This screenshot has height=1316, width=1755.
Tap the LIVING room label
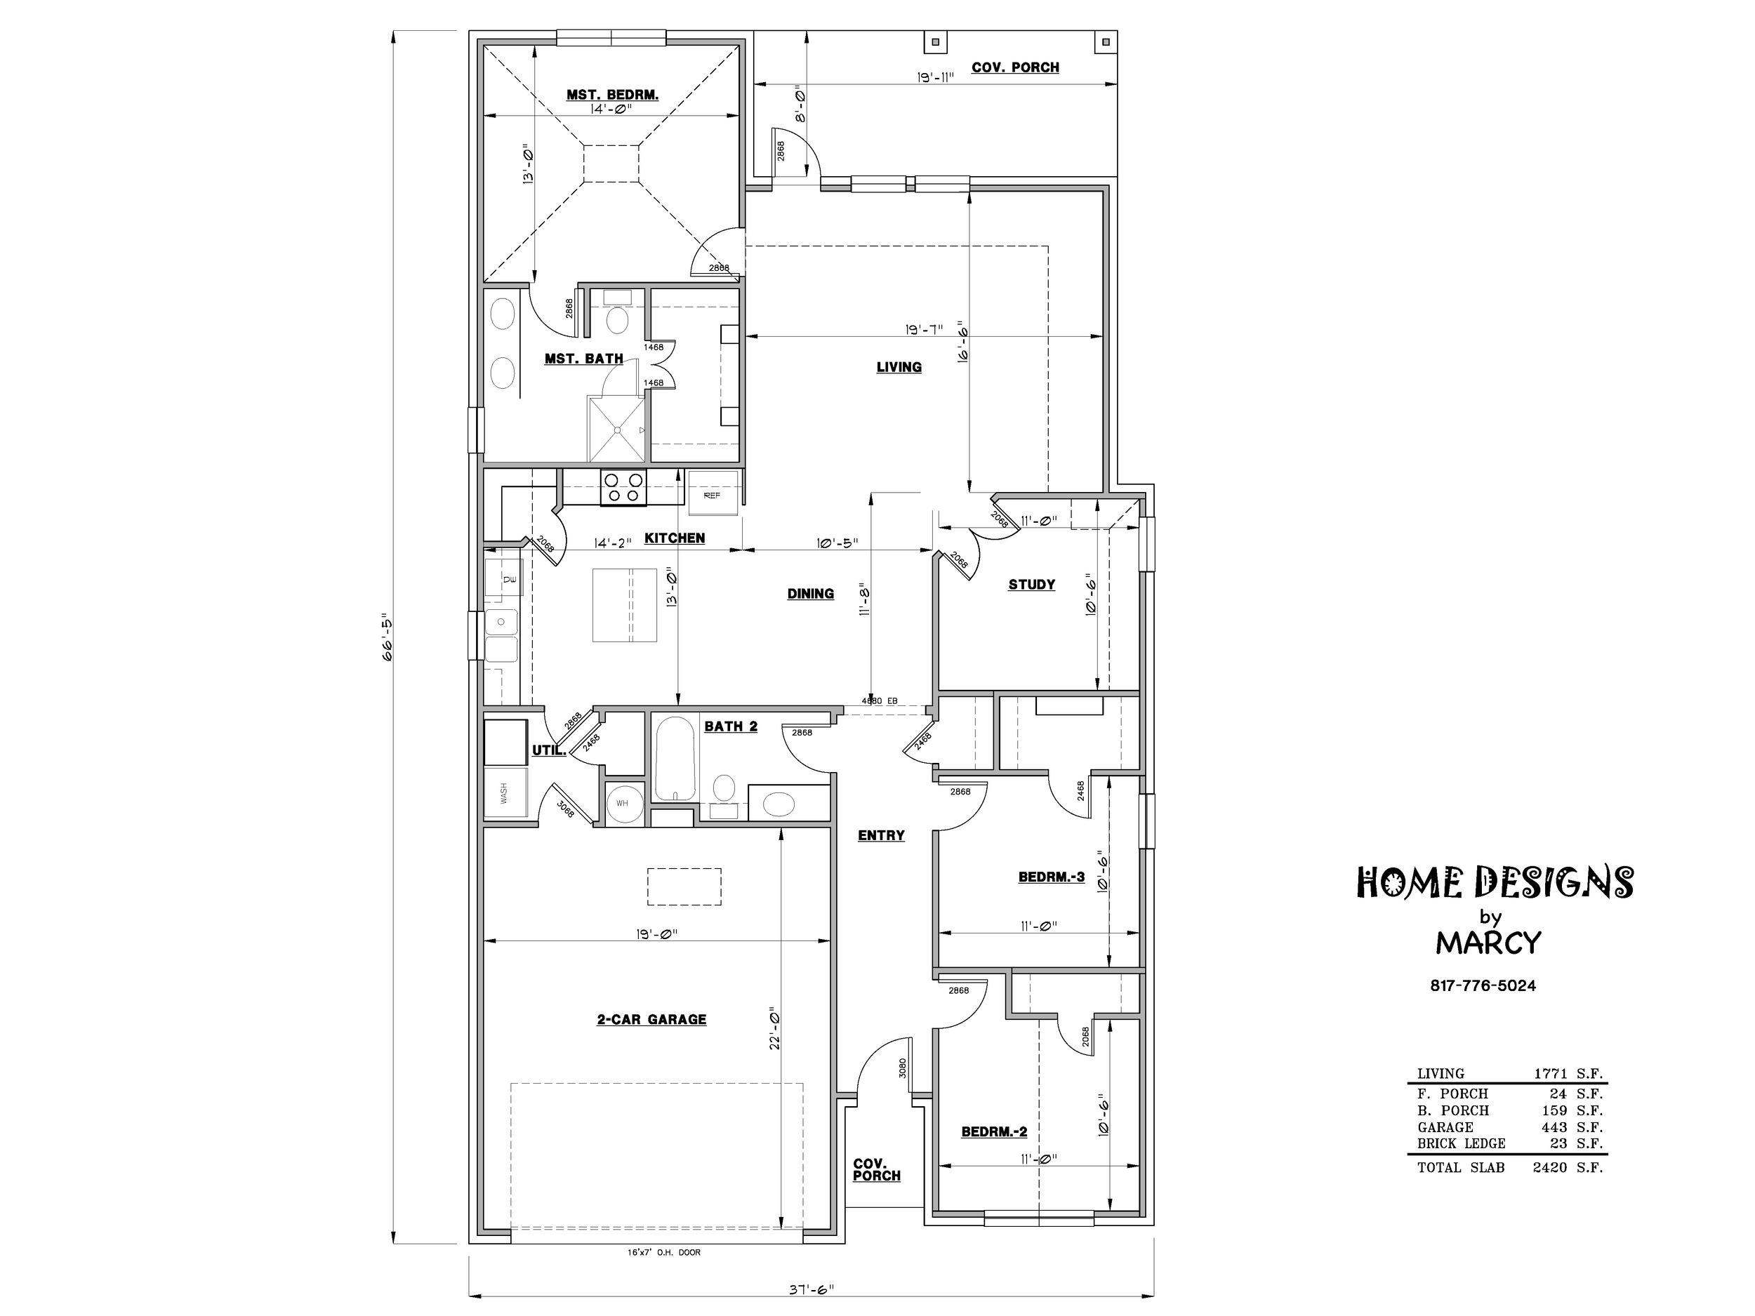click(x=899, y=367)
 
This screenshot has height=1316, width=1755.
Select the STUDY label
click(x=1031, y=585)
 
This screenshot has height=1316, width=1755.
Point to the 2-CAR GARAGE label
click(x=651, y=1019)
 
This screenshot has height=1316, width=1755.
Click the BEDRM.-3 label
click(x=1052, y=877)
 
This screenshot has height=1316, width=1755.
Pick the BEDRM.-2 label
click(x=994, y=1131)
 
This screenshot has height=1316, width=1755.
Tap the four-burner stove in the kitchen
click(x=623, y=487)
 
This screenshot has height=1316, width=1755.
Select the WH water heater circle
click(x=622, y=804)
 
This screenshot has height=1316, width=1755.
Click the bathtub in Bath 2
click(x=675, y=758)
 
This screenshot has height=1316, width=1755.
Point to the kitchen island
click(x=624, y=605)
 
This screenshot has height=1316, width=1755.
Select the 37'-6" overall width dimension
click(x=811, y=1289)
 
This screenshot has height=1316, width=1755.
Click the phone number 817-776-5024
click(x=1483, y=986)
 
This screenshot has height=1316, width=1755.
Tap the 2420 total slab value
click(x=1549, y=1168)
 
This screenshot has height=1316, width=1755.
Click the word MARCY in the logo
click(x=1488, y=943)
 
